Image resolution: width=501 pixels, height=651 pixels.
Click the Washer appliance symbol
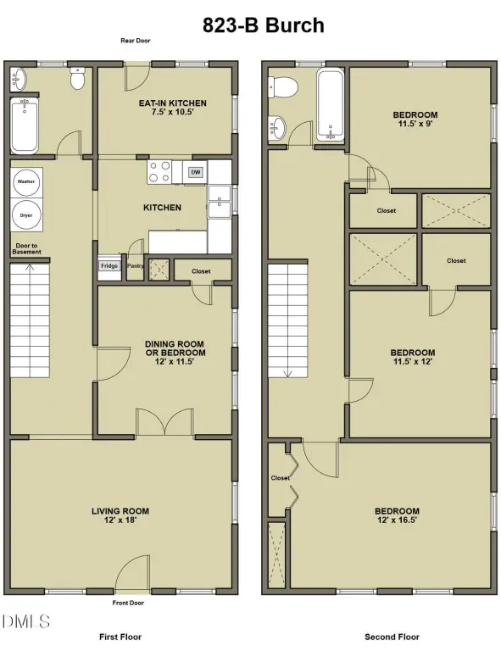(26, 182)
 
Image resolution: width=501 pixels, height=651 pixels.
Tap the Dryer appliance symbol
(26, 215)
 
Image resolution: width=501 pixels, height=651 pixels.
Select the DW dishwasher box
(196, 172)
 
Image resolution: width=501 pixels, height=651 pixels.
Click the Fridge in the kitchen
(109, 266)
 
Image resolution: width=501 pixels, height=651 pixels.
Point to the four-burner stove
(159, 172)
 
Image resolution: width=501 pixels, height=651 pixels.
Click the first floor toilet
(77, 79)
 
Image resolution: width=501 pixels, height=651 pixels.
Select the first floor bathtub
(25, 125)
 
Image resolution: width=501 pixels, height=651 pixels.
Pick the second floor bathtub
(331, 105)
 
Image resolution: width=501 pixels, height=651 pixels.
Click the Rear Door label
(136, 41)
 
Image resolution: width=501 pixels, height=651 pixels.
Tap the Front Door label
(128, 603)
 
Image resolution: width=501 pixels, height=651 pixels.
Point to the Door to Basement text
(26, 248)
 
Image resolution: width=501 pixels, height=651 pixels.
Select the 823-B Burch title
(263, 25)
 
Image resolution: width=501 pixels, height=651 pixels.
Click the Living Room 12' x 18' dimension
(120, 520)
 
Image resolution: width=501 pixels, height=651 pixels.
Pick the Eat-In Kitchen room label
(173, 103)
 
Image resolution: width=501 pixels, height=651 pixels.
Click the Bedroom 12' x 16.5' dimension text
(398, 520)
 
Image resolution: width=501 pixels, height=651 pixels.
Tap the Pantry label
(136, 265)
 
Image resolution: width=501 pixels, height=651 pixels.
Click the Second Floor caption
(392, 637)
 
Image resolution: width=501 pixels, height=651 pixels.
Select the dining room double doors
(164, 422)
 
